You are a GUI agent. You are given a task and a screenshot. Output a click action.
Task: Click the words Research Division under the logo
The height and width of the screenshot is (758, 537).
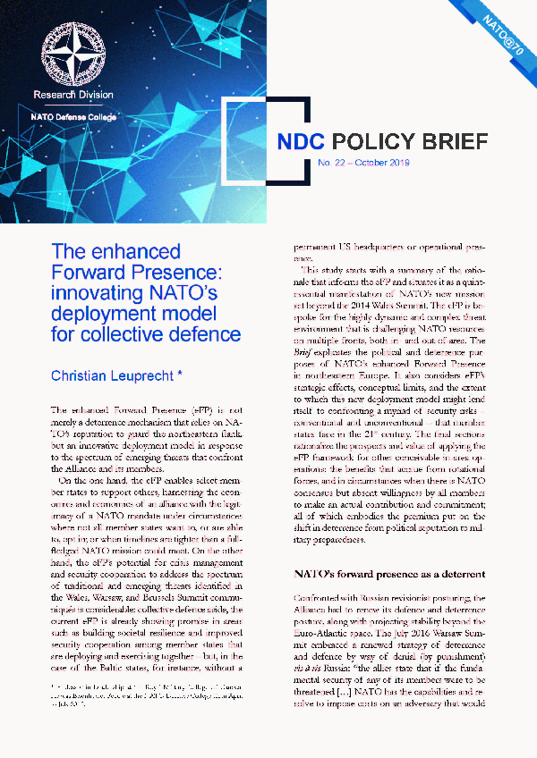click(72, 94)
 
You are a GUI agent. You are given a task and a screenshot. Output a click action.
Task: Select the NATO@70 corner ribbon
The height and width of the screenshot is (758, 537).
click(502, 34)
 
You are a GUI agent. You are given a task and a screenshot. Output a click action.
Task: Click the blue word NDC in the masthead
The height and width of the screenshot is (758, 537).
click(301, 142)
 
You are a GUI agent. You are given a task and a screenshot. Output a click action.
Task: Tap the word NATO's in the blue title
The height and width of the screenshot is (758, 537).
click(182, 293)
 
